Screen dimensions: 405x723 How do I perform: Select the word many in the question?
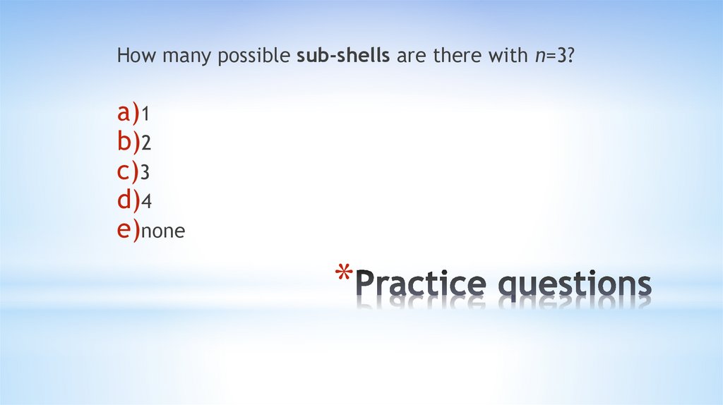(182, 56)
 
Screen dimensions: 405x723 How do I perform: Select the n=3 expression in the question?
(551, 56)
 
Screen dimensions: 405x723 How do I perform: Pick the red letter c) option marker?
(129, 171)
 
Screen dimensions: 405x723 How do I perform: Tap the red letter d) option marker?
(129, 200)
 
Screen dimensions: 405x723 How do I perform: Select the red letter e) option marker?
(129, 230)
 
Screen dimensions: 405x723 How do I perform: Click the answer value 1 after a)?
(145, 114)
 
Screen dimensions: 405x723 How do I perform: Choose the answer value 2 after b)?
(146, 143)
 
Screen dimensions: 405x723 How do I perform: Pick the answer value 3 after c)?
(146, 173)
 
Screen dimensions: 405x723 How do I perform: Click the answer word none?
(163, 231)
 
